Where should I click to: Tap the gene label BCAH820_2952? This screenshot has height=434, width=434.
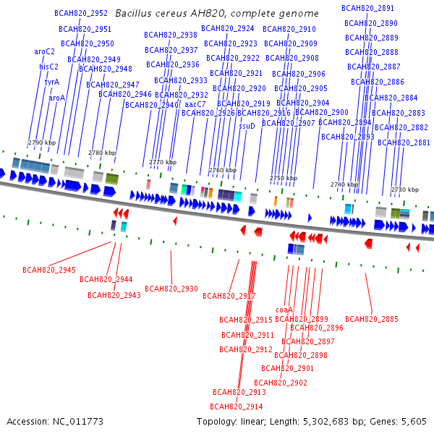click(x=81, y=13)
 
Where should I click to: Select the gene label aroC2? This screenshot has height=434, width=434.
click(x=44, y=51)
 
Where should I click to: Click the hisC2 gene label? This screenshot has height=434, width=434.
click(x=48, y=67)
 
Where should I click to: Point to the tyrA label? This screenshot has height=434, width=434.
click(x=52, y=82)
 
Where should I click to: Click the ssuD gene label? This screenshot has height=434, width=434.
click(x=247, y=125)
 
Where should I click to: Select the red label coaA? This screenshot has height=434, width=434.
click(x=284, y=310)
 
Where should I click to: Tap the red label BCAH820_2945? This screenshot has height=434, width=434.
click(x=49, y=270)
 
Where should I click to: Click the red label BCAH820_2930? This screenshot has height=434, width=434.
click(x=171, y=289)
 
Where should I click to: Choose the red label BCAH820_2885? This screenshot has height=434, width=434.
click(x=372, y=319)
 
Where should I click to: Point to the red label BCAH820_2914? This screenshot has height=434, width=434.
click(x=237, y=407)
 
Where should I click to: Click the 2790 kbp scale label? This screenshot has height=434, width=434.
click(x=42, y=142)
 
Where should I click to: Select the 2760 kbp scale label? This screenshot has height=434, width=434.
click(x=223, y=170)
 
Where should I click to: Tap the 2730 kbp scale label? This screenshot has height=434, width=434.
click(x=404, y=190)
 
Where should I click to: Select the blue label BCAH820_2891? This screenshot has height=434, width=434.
click(x=368, y=8)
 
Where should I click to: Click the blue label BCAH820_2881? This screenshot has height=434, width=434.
click(x=404, y=142)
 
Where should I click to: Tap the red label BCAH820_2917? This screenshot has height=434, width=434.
click(x=229, y=296)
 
